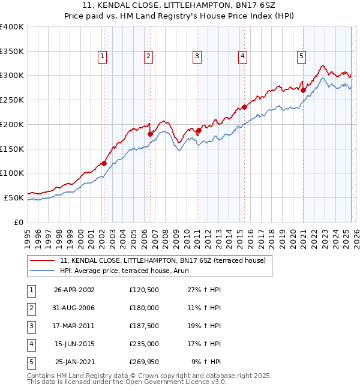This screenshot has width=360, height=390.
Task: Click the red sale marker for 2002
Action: (104, 163)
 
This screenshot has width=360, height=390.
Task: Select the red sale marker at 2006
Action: (150, 134)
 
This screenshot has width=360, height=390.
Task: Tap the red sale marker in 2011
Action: (198, 130)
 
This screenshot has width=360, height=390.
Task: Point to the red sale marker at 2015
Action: (245, 107)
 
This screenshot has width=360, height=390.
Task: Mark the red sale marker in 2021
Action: (303, 91)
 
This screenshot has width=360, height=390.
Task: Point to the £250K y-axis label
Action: (11, 100)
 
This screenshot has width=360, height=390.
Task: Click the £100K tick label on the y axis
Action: (11, 173)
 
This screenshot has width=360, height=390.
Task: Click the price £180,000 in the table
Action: (143, 307)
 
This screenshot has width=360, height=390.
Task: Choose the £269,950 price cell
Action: (143, 362)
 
